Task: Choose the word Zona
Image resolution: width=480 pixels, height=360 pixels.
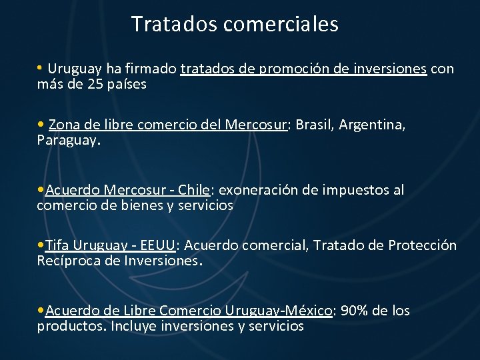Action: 63,124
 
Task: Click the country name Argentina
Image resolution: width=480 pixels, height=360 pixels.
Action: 373,124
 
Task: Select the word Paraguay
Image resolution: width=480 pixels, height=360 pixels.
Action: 67,141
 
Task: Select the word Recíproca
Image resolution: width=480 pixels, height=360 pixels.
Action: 69,261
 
